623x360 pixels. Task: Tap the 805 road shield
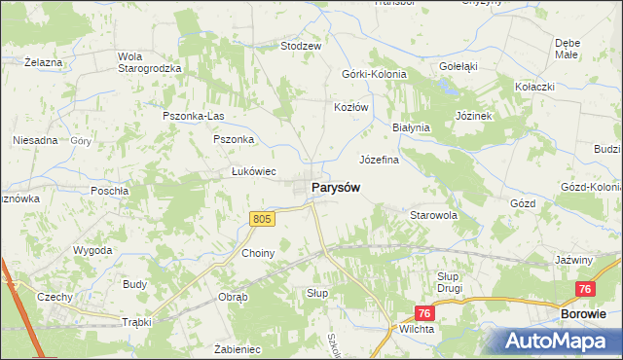(262, 220)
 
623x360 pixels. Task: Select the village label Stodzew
(301, 46)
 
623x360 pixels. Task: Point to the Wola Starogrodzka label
(143, 61)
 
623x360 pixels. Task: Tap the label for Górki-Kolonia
(374, 74)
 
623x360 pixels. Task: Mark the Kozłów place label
(351, 107)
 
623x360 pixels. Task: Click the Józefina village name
(381, 159)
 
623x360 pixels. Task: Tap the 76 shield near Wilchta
(423, 313)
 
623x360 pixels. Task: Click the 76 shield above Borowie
(585, 289)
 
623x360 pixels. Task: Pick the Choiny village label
(259, 253)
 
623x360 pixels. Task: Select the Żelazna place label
(43, 62)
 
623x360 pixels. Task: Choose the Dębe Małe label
(568, 49)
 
